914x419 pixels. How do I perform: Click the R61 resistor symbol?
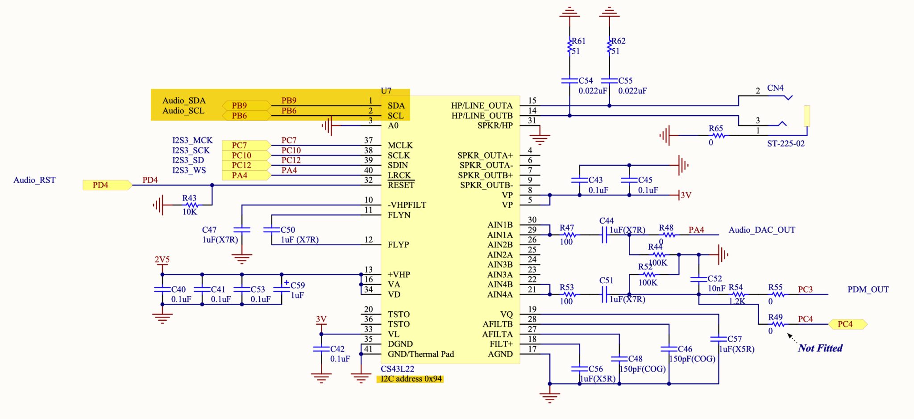pyautogui.click(x=570, y=46)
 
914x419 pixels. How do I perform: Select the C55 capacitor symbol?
pyautogui.click(x=609, y=81)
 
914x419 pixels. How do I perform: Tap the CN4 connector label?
pyautogui.click(x=775, y=88)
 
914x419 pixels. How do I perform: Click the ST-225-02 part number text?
pyautogui.click(x=785, y=144)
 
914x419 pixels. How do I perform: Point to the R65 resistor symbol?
pyautogui.click(x=718, y=135)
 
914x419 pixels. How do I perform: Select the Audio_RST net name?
pyautogui.click(x=34, y=180)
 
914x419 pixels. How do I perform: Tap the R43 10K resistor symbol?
pyautogui.click(x=192, y=205)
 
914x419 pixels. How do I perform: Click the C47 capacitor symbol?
pyautogui.click(x=242, y=230)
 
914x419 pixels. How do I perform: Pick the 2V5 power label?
pyautogui.click(x=162, y=260)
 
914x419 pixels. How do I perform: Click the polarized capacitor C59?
pyautogui.click(x=282, y=289)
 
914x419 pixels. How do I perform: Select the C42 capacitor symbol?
pyautogui.click(x=321, y=349)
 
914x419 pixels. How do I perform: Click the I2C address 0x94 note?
pyautogui.click(x=411, y=379)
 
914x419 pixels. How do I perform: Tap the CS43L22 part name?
pyautogui.click(x=397, y=369)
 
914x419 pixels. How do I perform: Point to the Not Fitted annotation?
pyautogui.click(x=820, y=348)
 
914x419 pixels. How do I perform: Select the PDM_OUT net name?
pyautogui.click(x=868, y=289)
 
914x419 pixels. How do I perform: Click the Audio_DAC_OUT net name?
pyautogui.click(x=762, y=230)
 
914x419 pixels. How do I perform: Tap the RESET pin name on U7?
pyautogui.click(x=401, y=185)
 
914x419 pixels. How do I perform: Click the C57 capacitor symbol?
pyautogui.click(x=719, y=339)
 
